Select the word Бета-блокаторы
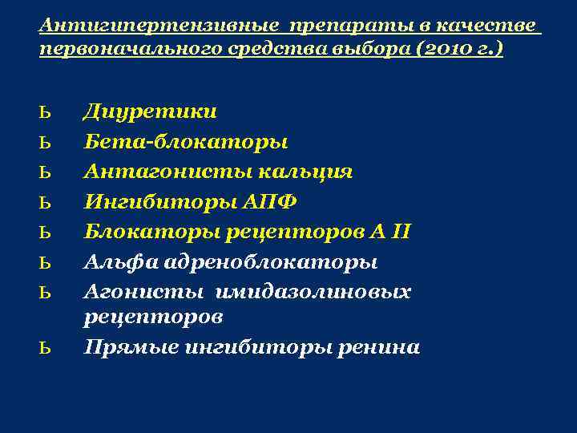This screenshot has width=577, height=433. [x=186, y=141]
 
